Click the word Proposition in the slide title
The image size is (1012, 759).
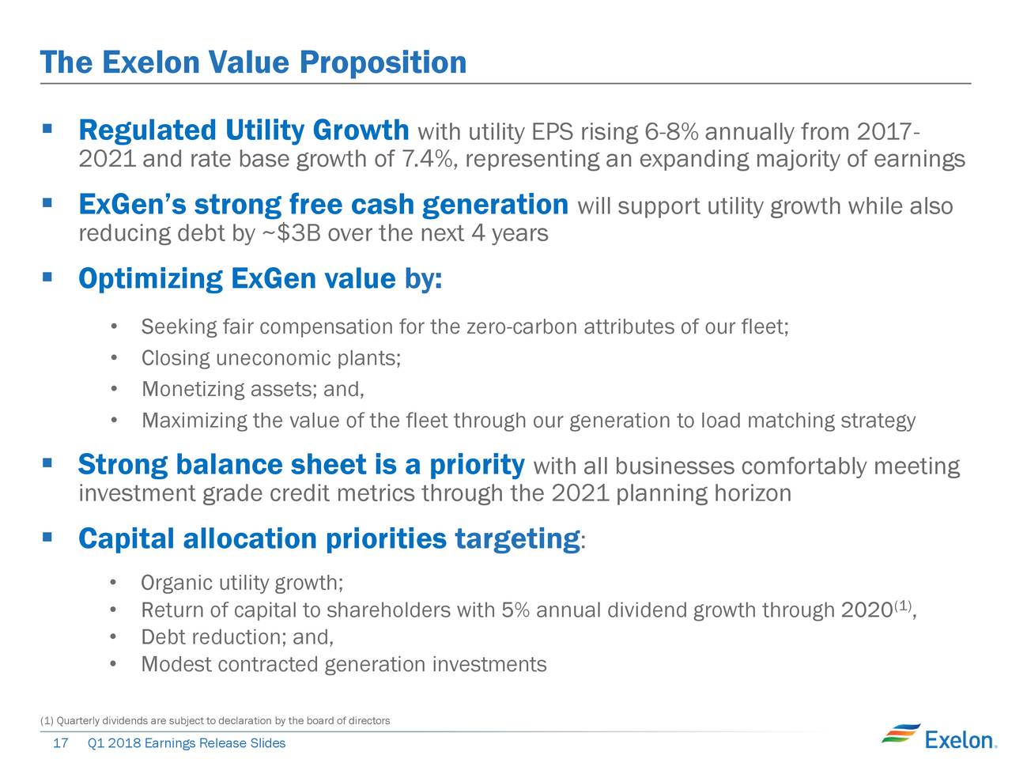(x=383, y=63)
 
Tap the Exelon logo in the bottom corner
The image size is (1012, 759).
(x=939, y=738)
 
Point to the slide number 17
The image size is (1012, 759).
(x=61, y=743)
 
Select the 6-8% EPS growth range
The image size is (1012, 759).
(x=671, y=132)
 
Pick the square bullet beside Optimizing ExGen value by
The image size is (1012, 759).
(x=47, y=277)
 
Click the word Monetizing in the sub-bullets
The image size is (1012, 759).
(x=193, y=390)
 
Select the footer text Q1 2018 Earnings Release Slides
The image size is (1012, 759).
(x=187, y=743)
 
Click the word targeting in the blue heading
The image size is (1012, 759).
(x=517, y=539)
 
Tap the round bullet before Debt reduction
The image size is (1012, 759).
(x=113, y=637)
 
